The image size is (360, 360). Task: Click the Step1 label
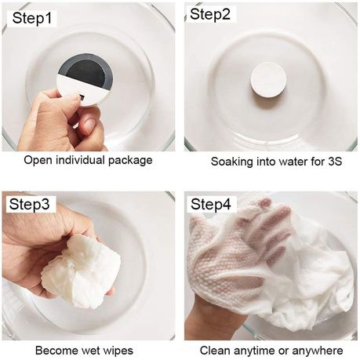tap(32, 19)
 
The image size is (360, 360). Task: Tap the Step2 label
tap(210, 14)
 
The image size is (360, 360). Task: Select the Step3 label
tap(29, 204)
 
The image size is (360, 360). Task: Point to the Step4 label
tap(211, 204)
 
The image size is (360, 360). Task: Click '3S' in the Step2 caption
tap(335, 162)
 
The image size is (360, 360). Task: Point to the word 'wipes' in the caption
tap(118, 351)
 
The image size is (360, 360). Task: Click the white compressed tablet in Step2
tap(268, 80)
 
